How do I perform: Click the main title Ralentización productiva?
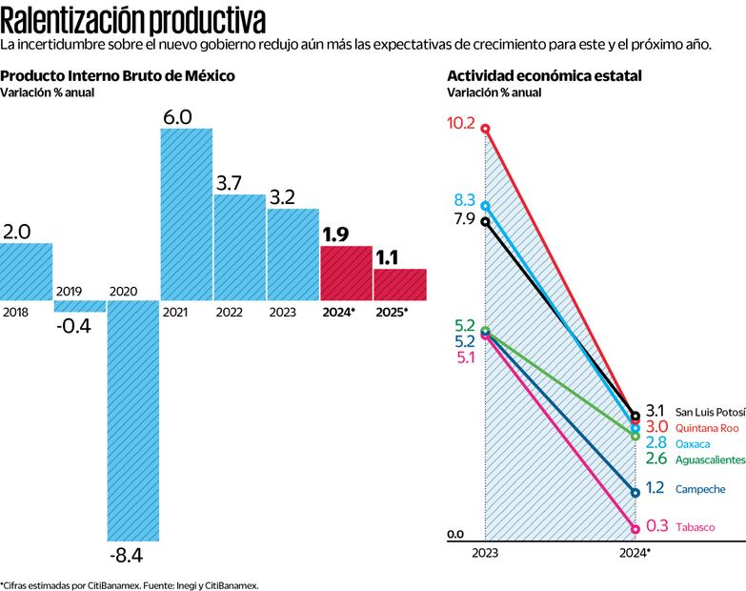[133, 20]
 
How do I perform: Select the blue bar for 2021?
[186, 214]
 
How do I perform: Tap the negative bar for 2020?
[132, 419]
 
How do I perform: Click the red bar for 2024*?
[346, 273]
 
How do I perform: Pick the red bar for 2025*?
[399, 284]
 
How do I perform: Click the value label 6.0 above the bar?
[178, 117]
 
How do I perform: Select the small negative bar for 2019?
[79, 306]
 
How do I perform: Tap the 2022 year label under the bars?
[229, 313]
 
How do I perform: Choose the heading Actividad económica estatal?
[544, 75]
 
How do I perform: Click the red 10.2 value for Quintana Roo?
[461, 124]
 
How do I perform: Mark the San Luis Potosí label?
[710, 411]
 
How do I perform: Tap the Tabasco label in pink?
[695, 527]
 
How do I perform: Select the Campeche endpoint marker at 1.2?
[635, 492]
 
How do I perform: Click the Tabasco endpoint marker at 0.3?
[635, 527]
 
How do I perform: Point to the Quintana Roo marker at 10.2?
[485, 128]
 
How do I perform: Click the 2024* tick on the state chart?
[635, 553]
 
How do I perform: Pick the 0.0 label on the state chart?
[455, 534]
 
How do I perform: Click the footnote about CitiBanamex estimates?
[129, 584]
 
